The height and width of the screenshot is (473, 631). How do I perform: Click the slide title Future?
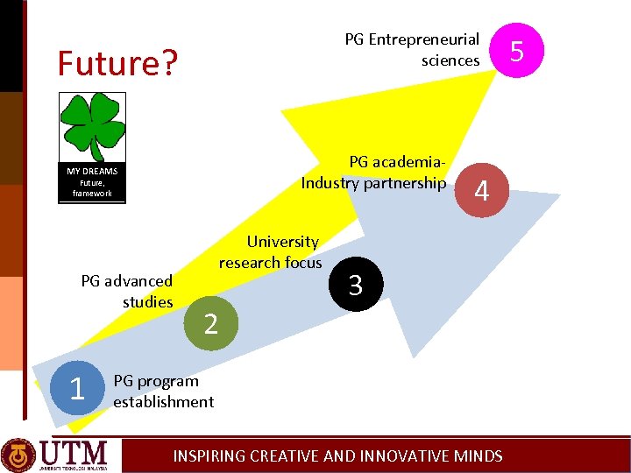pyautogui.click(x=117, y=63)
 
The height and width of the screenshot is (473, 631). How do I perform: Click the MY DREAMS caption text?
pyautogui.click(x=92, y=172)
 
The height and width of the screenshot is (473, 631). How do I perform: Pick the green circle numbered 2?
pyautogui.click(x=210, y=323)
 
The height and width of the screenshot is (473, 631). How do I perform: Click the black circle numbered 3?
pyautogui.click(x=355, y=285)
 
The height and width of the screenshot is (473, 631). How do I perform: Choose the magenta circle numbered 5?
pyautogui.click(x=517, y=50)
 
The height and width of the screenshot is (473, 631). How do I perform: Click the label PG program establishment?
pyautogui.click(x=163, y=392)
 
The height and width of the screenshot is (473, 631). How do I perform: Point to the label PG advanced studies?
pyautogui.click(x=127, y=292)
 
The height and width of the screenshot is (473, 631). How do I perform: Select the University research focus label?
pyautogui.click(x=272, y=252)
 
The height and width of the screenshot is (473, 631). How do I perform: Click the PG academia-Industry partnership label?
pyautogui.click(x=374, y=173)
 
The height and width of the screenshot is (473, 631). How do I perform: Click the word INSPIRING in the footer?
pyautogui.click(x=209, y=455)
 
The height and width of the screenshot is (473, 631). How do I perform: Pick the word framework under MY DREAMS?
pyautogui.click(x=92, y=193)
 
